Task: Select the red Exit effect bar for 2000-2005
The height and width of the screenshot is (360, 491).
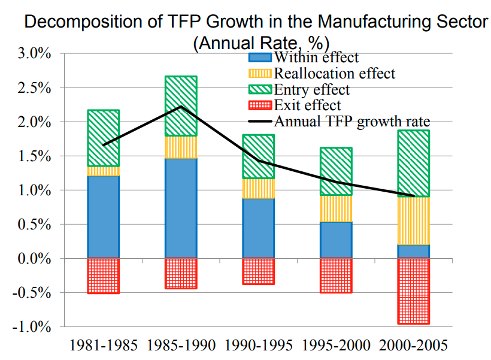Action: (414, 291)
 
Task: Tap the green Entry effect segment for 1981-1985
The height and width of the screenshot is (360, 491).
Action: (104, 138)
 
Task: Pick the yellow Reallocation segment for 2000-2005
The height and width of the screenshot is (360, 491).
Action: (414, 220)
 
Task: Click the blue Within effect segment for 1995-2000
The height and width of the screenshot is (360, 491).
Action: (336, 240)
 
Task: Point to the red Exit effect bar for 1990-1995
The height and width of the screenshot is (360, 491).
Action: (258, 271)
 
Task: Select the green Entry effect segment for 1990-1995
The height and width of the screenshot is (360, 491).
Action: (258, 156)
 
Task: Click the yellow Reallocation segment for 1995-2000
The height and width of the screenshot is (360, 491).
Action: (336, 208)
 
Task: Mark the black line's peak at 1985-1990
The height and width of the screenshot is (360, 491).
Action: (181, 107)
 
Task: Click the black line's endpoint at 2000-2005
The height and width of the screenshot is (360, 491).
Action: (414, 196)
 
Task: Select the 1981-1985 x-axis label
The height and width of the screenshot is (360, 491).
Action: (104, 346)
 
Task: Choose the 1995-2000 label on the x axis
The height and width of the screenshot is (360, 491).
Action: (336, 346)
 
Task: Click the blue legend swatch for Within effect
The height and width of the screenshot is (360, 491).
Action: (260, 58)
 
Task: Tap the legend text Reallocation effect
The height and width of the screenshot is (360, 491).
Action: (334, 74)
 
